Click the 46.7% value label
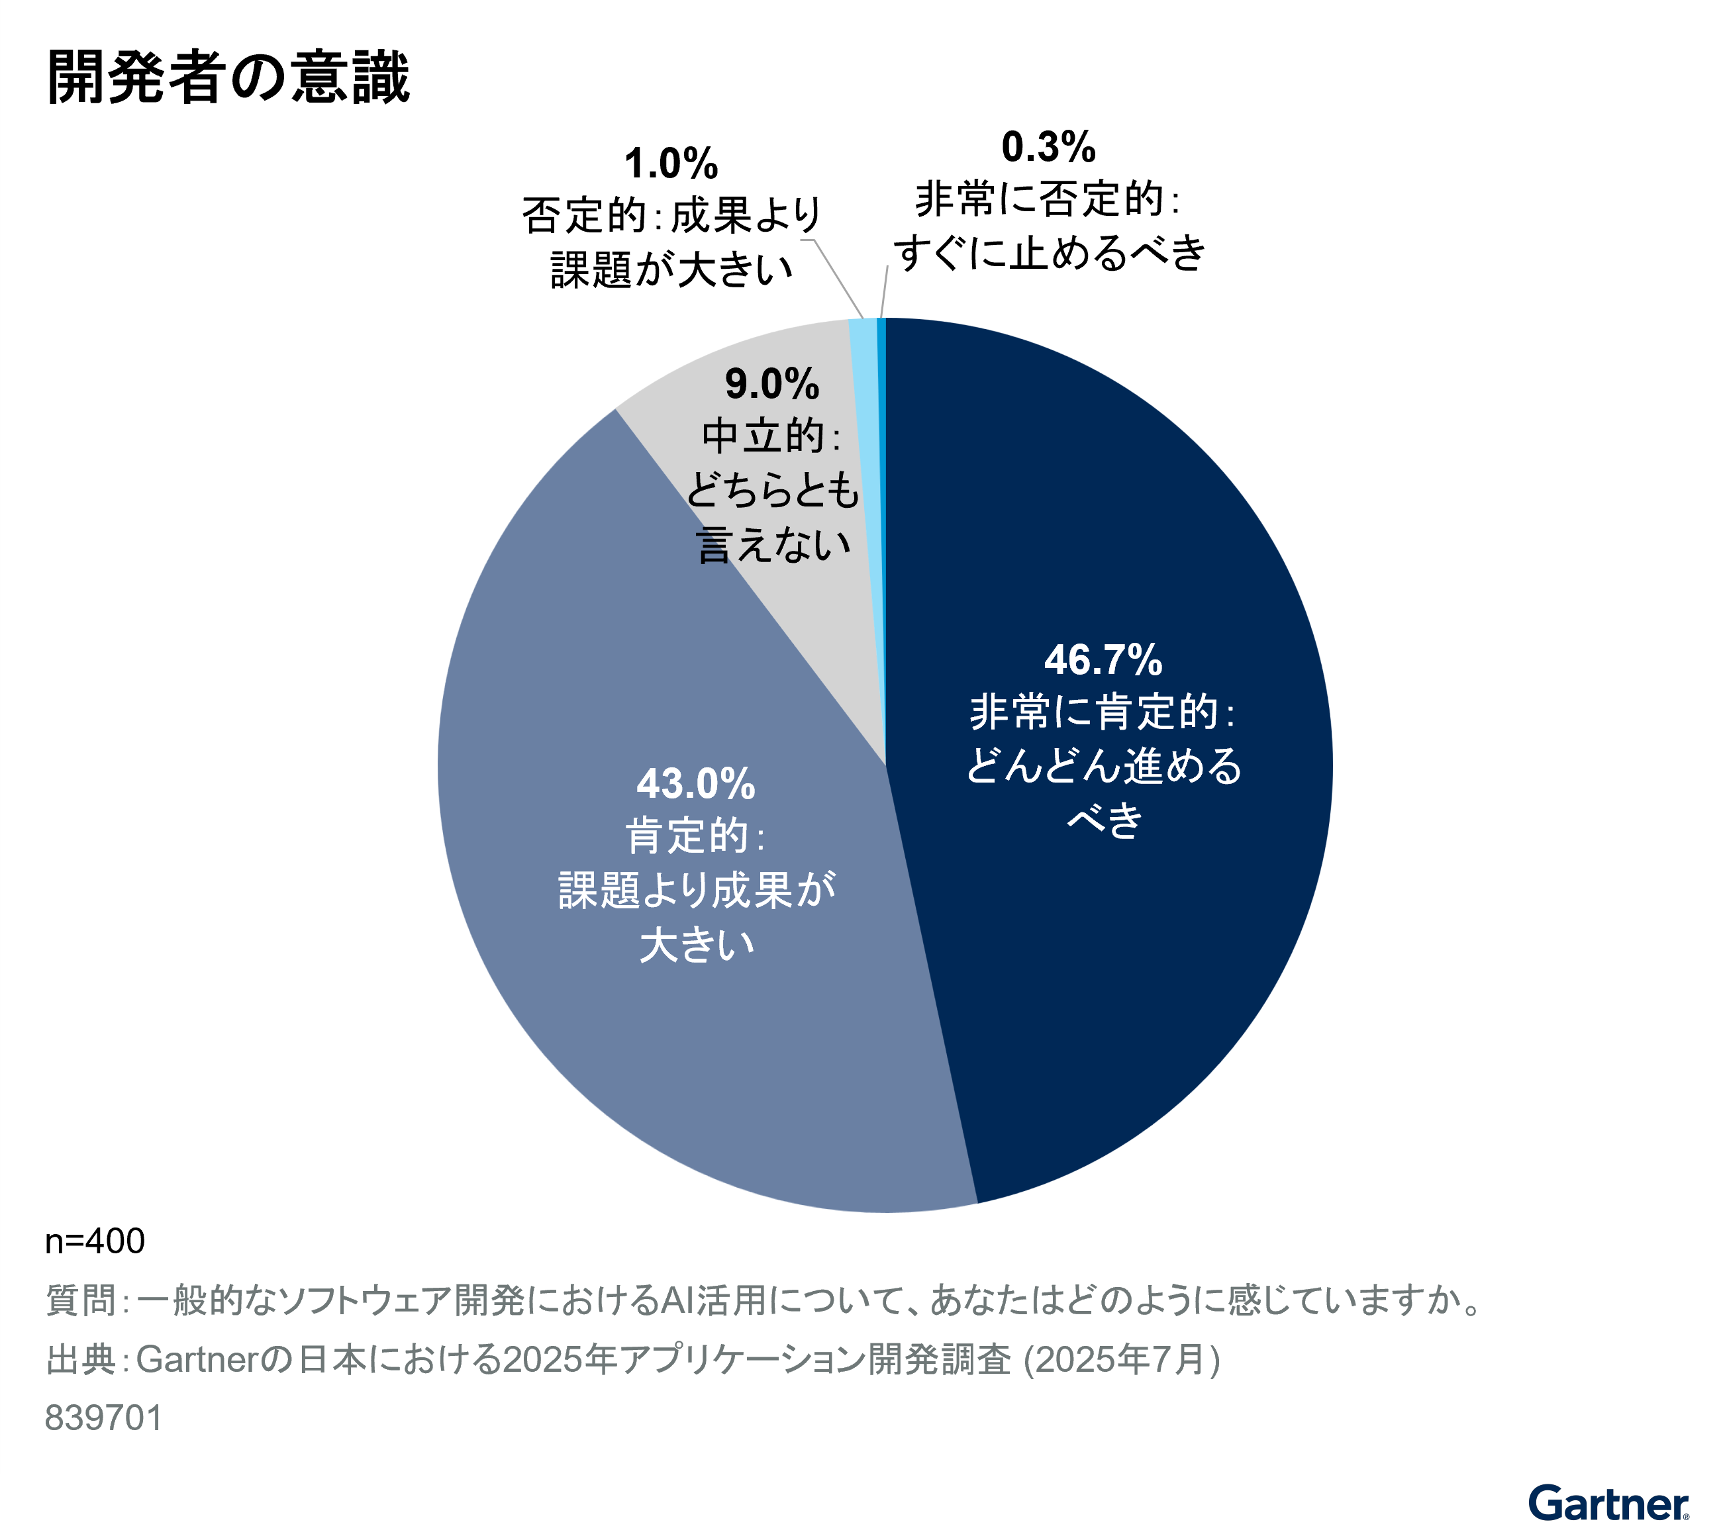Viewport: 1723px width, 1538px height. pyautogui.click(x=1103, y=660)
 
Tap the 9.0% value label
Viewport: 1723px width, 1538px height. pyautogui.click(x=771, y=385)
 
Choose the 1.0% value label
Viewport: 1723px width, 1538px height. pyautogui.click(x=671, y=163)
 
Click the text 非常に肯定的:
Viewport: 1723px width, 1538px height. pyautogui.click(x=1103, y=712)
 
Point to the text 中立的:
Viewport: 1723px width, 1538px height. pyautogui.click(x=771, y=437)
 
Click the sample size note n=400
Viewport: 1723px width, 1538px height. pyautogui.click(x=95, y=1241)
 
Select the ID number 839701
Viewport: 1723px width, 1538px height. pyautogui.click(x=104, y=1418)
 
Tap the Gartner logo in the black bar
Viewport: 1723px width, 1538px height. pyautogui.click(x=1608, y=1504)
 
